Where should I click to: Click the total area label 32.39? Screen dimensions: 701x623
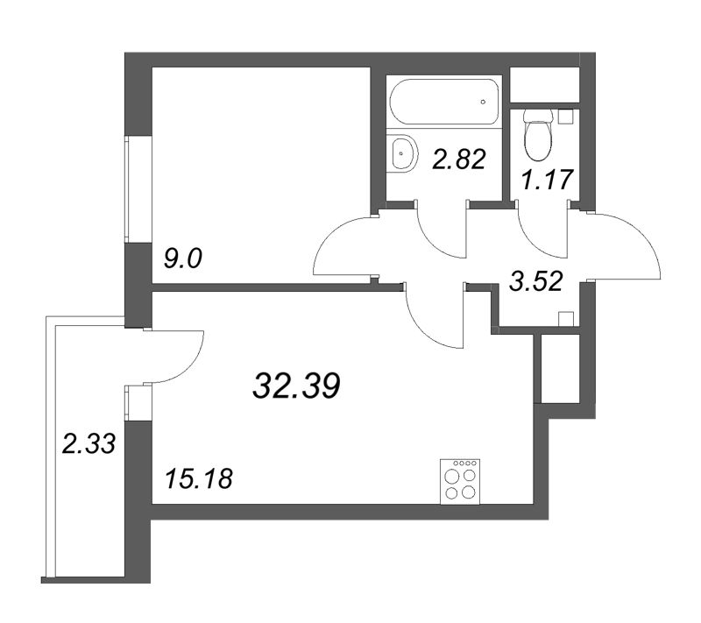tap(296, 386)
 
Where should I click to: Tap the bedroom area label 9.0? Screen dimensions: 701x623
tap(183, 259)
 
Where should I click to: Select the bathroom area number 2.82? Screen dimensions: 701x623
tap(458, 159)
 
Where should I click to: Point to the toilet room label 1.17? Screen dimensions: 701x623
tap(547, 180)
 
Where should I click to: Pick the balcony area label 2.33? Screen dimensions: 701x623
tap(89, 444)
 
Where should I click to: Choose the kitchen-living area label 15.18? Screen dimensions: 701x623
tap(199, 479)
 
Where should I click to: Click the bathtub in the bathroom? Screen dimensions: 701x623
tap(444, 102)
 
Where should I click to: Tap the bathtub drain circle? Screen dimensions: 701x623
tap(483, 102)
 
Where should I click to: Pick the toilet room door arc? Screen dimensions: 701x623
tap(531, 244)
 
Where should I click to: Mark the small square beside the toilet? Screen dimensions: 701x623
tap(565, 117)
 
